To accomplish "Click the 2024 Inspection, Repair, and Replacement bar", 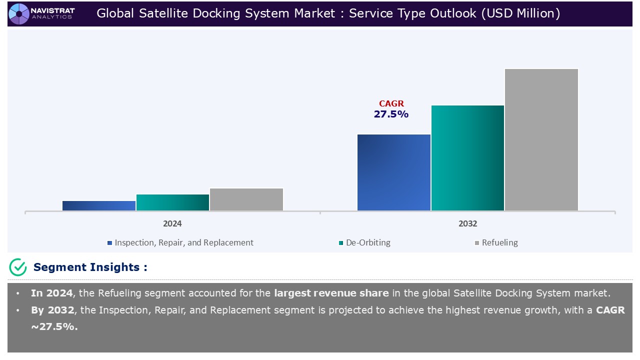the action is click(99, 205).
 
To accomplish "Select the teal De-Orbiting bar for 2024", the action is click(172, 202).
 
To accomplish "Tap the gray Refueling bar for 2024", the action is click(246, 199).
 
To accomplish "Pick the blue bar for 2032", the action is click(393, 172).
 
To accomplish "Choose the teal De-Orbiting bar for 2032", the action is click(467, 158).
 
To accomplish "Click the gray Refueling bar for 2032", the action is click(541, 139).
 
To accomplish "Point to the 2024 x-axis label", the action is click(172, 223).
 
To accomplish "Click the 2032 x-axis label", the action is click(467, 223).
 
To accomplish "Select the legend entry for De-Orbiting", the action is click(364, 242).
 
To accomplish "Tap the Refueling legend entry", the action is click(496, 242).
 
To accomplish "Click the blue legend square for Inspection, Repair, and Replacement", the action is click(109, 243).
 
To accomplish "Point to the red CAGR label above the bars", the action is click(391, 103).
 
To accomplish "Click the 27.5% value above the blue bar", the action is click(391, 114).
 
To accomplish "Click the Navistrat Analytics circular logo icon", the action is click(19, 13).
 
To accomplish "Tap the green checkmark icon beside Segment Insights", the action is click(18, 267).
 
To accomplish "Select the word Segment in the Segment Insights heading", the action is click(60, 267).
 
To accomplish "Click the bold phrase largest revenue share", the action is click(331, 293).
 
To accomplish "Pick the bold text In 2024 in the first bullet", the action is click(51, 293).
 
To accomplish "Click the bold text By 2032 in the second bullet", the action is click(52, 310).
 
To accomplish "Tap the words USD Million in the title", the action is click(520, 13).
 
